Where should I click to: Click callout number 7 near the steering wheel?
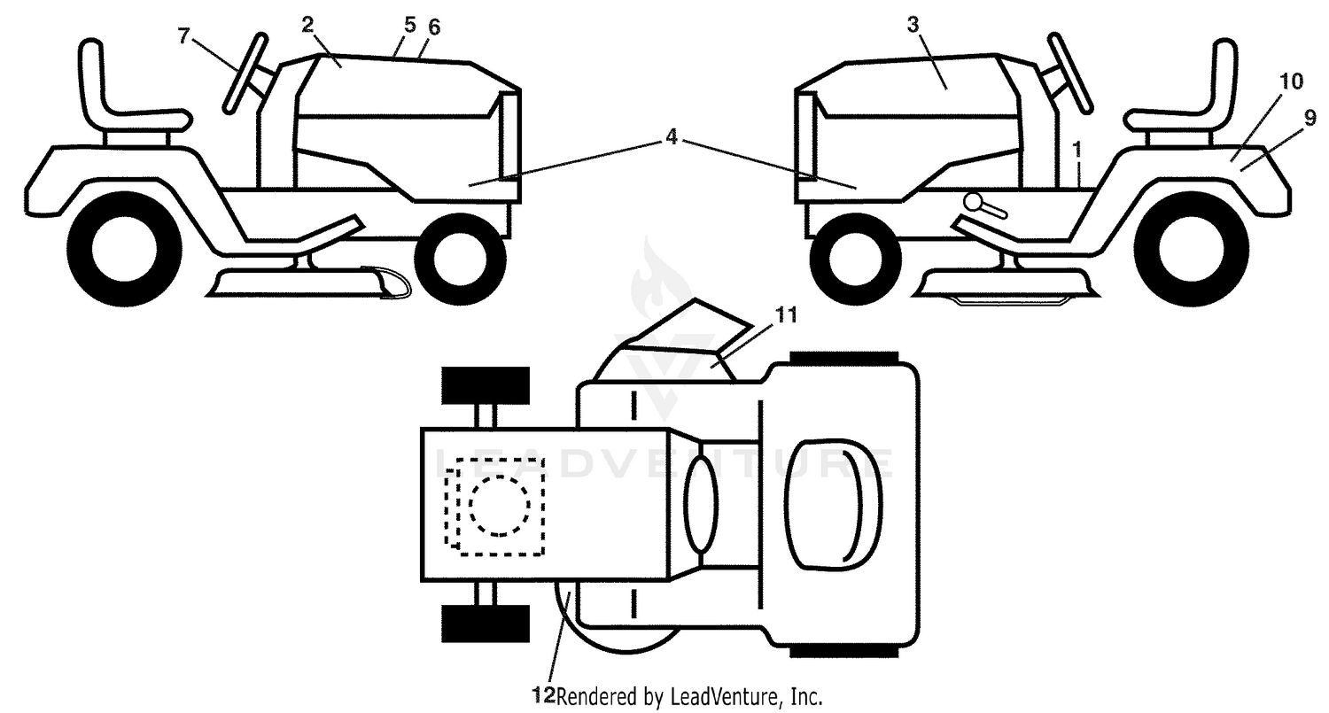click(184, 36)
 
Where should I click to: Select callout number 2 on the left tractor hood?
click(307, 25)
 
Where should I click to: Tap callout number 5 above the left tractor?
click(410, 25)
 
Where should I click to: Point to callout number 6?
click(434, 27)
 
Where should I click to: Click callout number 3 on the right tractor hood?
click(913, 25)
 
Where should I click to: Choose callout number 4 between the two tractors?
click(671, 137)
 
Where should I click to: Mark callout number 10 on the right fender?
click(1290, 81)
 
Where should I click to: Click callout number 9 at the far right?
click(1310, 119)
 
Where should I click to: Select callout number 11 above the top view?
click(786, 315)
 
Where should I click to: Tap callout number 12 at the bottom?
click(543, 694)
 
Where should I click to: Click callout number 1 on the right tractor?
click(1078, 149)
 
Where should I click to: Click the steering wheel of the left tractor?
click(245, 74)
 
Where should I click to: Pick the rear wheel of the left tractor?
click(125, 250)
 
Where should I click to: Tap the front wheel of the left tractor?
click(461, 260)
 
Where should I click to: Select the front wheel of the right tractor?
click(856, 260)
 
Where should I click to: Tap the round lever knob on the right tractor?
click(974, 202)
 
